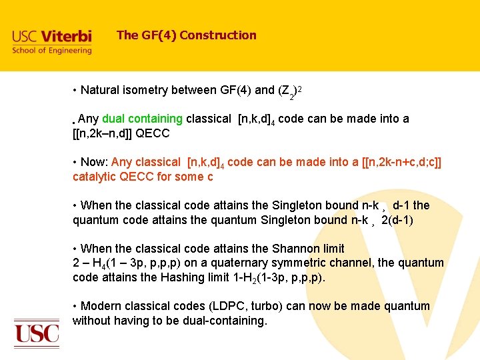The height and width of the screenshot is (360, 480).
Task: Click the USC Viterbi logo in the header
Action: coord(51,41)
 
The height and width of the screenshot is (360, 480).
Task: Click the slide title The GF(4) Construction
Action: coord(186,35)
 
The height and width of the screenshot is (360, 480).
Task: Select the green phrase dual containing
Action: coord(142,119)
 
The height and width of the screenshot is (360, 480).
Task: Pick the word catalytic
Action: coord(95,177)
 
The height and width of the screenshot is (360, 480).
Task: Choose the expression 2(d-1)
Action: coord(397,220)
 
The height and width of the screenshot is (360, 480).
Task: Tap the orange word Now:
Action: coord(95,162)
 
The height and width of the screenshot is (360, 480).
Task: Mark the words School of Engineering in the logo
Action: coord(51,51)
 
